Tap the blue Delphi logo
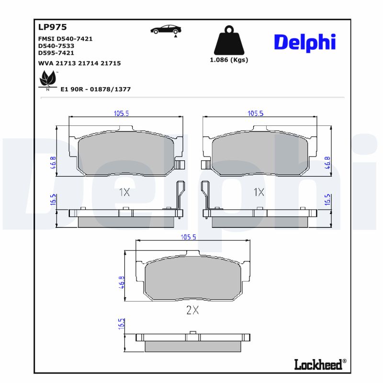(304, 43)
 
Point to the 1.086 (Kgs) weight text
(229, 60)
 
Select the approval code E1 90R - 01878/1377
(95, 90)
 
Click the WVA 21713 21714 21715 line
(79, 63)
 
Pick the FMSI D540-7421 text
(65, 39)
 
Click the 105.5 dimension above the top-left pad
(122, 113)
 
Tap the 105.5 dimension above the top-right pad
(256, 113)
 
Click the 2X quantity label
(192, 310)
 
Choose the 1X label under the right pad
(259, 192)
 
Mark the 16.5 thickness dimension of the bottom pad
(121, 324)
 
